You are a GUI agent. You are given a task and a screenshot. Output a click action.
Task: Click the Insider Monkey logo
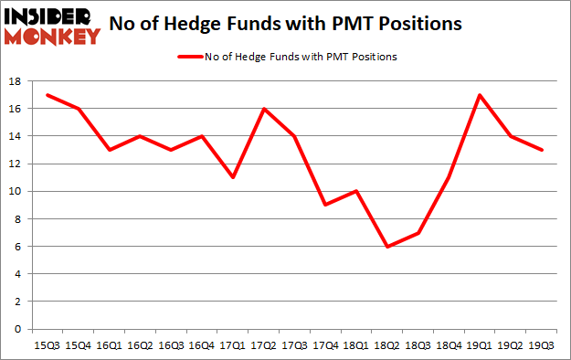51,26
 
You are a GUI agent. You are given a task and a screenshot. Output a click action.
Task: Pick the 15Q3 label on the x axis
48,345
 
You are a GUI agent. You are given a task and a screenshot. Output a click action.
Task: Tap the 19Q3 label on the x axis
543,345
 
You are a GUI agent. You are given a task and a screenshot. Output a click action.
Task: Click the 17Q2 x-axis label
264,345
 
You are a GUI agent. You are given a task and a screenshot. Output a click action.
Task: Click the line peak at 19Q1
480,95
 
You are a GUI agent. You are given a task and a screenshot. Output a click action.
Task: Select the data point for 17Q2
264,109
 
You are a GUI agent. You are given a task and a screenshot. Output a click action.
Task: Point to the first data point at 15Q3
48,95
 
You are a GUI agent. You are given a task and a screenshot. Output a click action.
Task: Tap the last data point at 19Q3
543,150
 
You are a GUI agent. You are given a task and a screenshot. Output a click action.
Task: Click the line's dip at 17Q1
233,177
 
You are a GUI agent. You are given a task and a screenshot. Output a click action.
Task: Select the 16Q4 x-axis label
202,345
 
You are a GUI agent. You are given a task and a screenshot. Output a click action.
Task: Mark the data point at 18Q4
449,177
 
